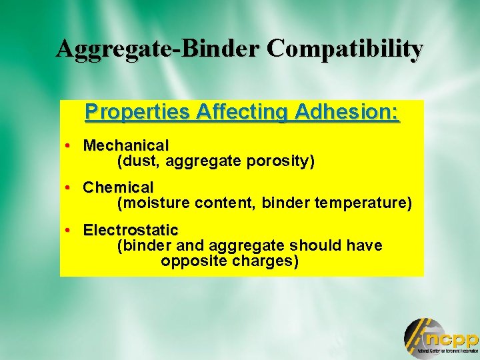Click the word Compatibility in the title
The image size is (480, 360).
pos(345,49)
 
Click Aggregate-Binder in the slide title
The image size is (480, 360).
pos(159,49)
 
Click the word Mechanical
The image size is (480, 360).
pos(126,145)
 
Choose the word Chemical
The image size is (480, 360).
pos(118,188)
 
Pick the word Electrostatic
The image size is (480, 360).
pos(131,231)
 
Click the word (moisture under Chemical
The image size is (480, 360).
pos(153,203)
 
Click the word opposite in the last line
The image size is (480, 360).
pos(193,261)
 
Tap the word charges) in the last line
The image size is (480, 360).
pos(265,261)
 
